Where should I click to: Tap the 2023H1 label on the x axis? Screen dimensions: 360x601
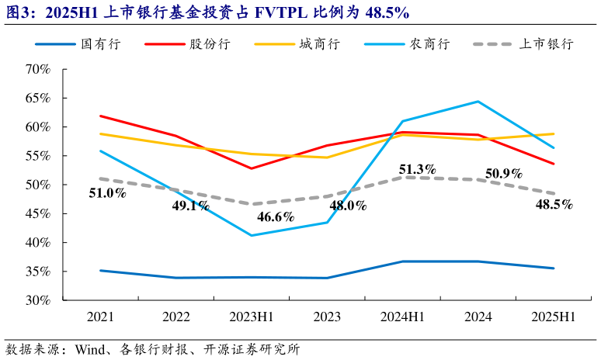(251, 319)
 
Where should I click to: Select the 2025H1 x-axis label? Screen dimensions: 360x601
(553, 319)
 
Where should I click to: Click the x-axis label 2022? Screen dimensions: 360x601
(175, 319)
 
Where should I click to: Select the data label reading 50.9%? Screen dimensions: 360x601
(503, 173)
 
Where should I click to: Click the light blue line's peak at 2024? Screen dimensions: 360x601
(478, 102)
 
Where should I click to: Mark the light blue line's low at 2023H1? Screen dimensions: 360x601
(251, 235)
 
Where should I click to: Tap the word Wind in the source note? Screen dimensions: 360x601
(91, 349)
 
